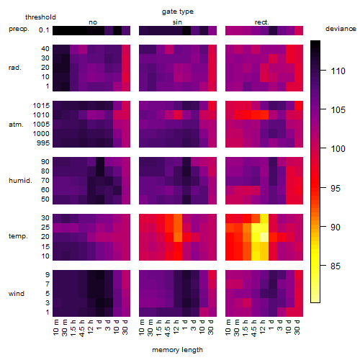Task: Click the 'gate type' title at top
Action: tap(178, 12)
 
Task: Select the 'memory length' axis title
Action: tap(177, 350)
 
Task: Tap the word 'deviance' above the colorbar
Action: tap(341, 29)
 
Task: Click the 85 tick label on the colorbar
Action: tap(336, 266)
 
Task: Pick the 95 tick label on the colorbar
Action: tap(336, 188)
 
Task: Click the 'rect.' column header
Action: tap(261, 22)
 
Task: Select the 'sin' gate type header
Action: tap(177, 22)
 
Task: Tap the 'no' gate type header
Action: tap(93, 22)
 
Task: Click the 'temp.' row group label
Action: tap(18, 236)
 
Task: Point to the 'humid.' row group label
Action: tap(20, 180)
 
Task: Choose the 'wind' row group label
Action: tap(17, 294)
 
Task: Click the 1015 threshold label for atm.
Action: tap(41, 105)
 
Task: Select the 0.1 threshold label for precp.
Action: tap(44, 30)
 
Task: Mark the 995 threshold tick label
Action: tap(43, 143)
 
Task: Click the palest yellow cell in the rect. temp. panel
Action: tap(264, 237)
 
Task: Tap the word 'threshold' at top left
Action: tap(40, 17)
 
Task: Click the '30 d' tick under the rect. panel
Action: tap(297, 327)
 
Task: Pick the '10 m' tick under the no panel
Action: tap(55, 328)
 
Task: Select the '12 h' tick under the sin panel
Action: tap(176, 327)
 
